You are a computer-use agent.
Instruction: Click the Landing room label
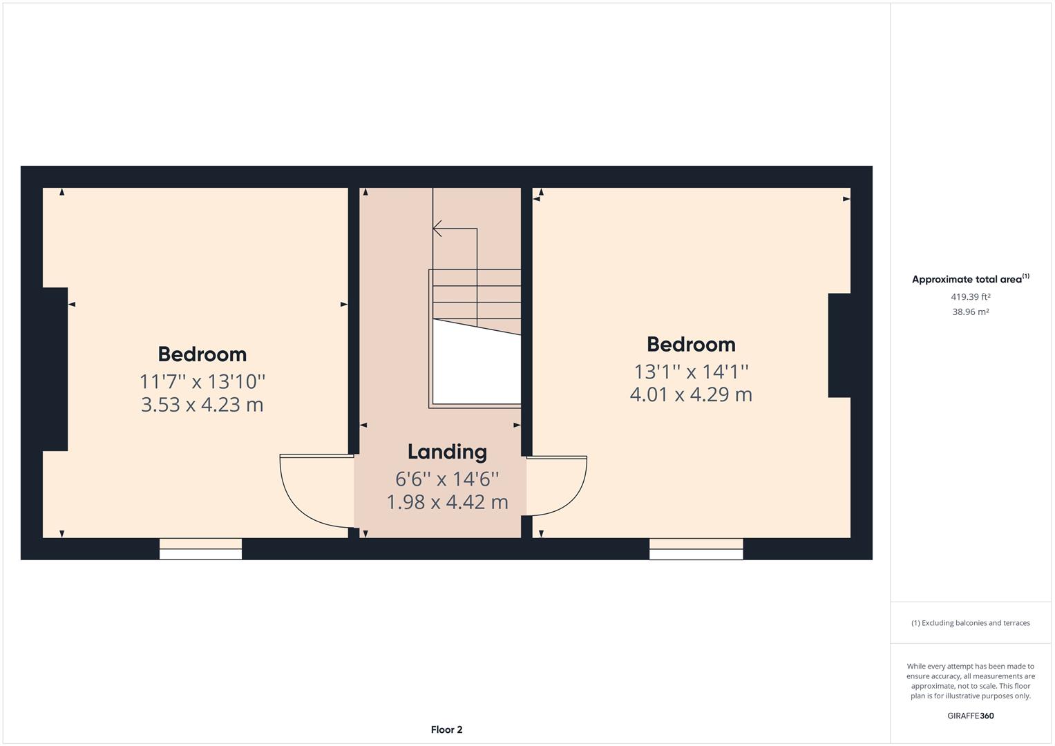[x=447, y=452]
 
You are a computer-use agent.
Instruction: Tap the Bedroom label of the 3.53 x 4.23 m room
[x=202, y=354]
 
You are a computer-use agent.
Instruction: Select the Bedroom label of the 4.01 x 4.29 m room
[x=691, y=345]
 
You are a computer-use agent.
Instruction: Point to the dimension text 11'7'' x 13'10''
[x=202, y=381]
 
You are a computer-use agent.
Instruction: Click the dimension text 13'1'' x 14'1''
[x=691, y=372]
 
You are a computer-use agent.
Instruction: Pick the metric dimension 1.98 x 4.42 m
[x=448, y=502]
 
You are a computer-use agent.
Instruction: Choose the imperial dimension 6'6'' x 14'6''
[x=447, y=479]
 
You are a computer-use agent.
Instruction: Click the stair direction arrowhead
[x=437, y=229]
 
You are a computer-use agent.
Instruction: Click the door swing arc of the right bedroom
[x=572, y=500]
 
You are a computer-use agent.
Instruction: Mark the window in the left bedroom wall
[x=200, y=548]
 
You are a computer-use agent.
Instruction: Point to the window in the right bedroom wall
[x=696, y=548]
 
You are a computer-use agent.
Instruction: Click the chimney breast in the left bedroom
[x=55, y=370]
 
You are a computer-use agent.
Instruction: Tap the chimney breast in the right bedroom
[x=839, y=345]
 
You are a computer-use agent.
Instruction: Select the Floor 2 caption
[x=446, y=729]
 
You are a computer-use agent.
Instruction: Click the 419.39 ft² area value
[x=970, y=297]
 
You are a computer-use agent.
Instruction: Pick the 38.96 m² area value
[x=970, y=312]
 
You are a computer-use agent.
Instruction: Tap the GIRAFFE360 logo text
[x=970, y=716]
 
